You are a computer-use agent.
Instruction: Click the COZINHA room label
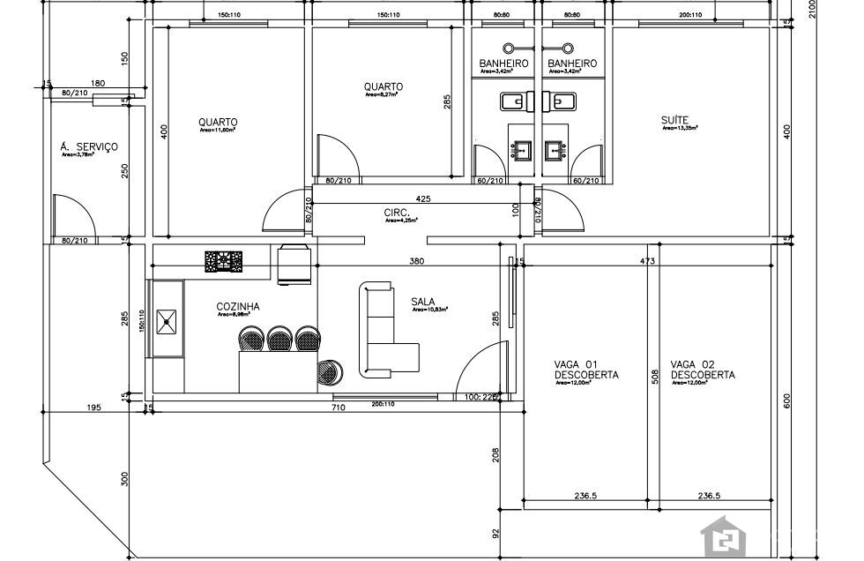pos(237,307)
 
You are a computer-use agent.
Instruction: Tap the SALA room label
pos(423,302)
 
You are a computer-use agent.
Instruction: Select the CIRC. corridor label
pos(395,213)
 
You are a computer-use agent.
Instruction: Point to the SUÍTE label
pos(675,121)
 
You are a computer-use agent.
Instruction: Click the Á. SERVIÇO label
pos(89,146)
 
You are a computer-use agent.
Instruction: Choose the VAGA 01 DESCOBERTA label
pos(586,370)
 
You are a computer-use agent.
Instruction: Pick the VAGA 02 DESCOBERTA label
pos(703,370)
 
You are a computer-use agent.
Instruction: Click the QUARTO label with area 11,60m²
pos(217,123)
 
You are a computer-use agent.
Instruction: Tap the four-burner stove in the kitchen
pos(224,260)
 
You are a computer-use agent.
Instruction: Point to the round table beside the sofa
pos(331,372)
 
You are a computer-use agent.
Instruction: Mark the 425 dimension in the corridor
pos(398,198)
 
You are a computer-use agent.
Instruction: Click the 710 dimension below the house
pos(337,408)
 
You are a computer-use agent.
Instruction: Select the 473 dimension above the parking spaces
pos(648,261)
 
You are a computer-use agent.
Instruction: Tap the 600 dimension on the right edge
pos(787,400)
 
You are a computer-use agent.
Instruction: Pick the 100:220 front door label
pos(480,398)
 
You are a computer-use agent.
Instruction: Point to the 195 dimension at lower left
pos(94,408)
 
